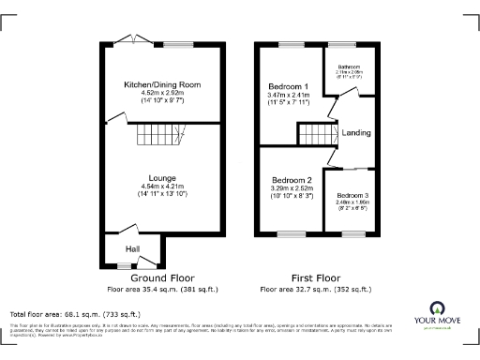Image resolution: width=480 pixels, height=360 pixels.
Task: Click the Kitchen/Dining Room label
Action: [x=162, y=84]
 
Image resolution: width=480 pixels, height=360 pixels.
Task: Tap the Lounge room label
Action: [x=162, y=177]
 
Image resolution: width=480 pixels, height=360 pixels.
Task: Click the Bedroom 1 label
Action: [x=288, y=86]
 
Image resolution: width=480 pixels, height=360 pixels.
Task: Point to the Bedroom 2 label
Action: [x=292, y=180]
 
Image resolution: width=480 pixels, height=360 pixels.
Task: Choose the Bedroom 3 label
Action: [x=352, y=196]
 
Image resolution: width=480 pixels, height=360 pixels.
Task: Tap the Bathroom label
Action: [x=349, y=67]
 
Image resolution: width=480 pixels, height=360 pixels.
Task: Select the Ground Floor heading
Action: [x=161, y=278]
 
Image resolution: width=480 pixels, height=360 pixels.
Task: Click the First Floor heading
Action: [x=316, y=278]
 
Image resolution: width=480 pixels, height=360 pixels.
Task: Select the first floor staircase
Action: [x=315, y=137]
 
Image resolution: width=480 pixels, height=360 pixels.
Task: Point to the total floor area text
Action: [x=75, y=313]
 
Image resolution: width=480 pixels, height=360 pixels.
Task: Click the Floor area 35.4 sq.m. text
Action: [x=162, y=289]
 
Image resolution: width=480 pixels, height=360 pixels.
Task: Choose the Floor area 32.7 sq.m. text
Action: [x=316, y=289]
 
